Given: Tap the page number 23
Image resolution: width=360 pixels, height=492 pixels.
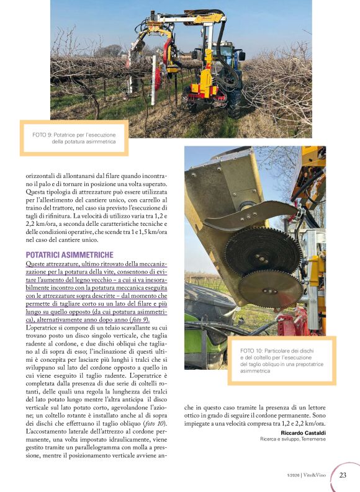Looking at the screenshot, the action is (x=342, y=476).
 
